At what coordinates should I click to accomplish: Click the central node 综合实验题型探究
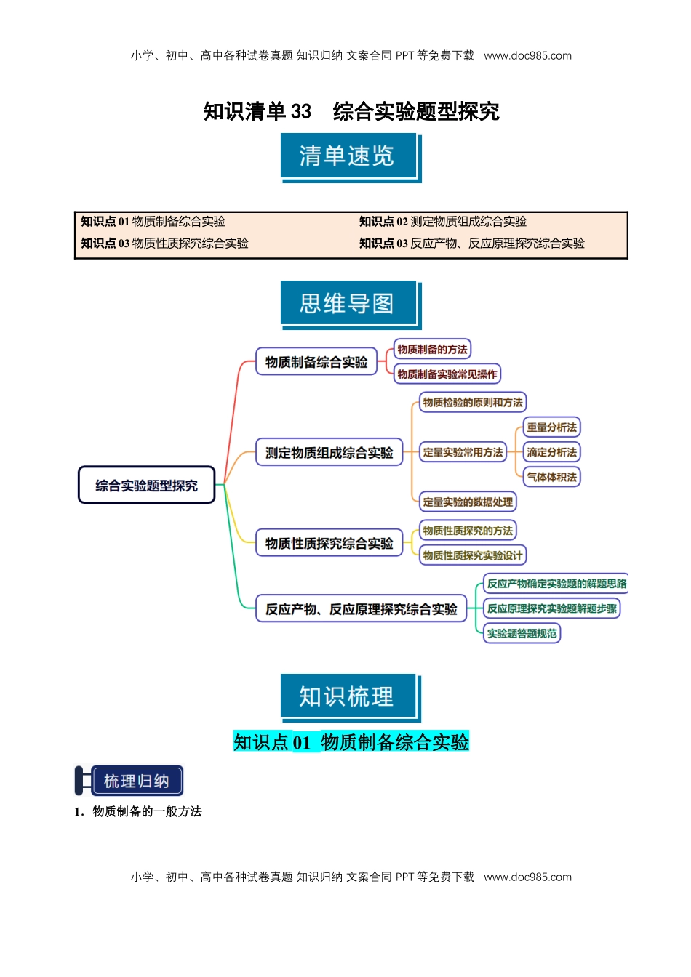[x=146, y=485]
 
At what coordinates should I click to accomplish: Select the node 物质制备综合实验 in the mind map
[x=316, y=361]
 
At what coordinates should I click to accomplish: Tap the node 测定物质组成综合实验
[x=329, y=452]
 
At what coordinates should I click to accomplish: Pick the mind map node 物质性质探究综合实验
[x=329, y=543]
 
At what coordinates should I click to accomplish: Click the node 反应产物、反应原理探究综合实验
[x=361, y=608]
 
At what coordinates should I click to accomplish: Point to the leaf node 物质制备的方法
[x=432, y=349]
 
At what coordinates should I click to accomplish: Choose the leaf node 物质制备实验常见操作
[x=447, y=374]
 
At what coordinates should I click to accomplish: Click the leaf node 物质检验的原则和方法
[x=473, y=402]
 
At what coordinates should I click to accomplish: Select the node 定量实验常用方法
[x=463, y=452]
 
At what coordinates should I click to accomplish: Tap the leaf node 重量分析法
[x=551, y=427]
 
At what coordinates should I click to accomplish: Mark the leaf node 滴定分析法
[x=551, y=452]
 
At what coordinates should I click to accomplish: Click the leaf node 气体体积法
[x=551, y=477]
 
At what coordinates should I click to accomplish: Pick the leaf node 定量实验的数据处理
[x=468, y=502]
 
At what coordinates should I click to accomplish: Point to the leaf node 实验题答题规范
[x=522, y=633]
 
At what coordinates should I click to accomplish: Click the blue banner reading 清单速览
[x=348, y=156]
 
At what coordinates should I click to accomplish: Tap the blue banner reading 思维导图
[x=348, y=303]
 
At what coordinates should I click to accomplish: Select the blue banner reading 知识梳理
[x=348, y=696]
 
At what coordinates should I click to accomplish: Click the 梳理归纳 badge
[x=136, y=781]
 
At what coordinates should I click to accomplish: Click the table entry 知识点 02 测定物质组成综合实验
[x=443, y=222]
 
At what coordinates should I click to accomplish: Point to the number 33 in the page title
[x=300, y=111]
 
